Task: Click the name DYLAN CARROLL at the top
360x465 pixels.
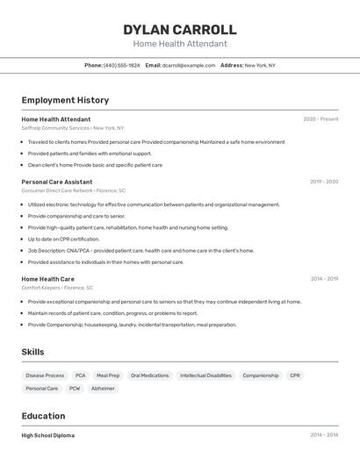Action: tap(180, 30)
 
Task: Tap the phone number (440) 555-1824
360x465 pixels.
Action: tap(121, 65)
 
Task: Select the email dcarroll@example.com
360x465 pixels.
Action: tap(188, 65)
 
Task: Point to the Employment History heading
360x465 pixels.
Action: tap(65, 100)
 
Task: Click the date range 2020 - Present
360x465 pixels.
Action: tap(320, 119)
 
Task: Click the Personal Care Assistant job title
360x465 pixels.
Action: tap(57, 182)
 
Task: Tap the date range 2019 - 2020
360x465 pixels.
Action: tap(324, 182)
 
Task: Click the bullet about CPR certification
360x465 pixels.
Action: tap(63, 239)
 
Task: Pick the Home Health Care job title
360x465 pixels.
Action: tap(48, 279)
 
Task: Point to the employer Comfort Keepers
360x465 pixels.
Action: tap(40, 288)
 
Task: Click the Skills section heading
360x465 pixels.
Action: tap(33, 352)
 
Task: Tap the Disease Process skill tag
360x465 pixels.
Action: tap(45, 376)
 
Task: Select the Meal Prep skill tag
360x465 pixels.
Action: tap(108, 376)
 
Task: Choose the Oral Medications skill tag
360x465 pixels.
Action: tap(149, 376)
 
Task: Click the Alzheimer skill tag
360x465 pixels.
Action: tap(103, 388)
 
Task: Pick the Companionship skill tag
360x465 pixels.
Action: tap(261, 376)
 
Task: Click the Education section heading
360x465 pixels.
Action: tap(43, 416)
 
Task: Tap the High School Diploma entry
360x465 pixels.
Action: tap(48, 435)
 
